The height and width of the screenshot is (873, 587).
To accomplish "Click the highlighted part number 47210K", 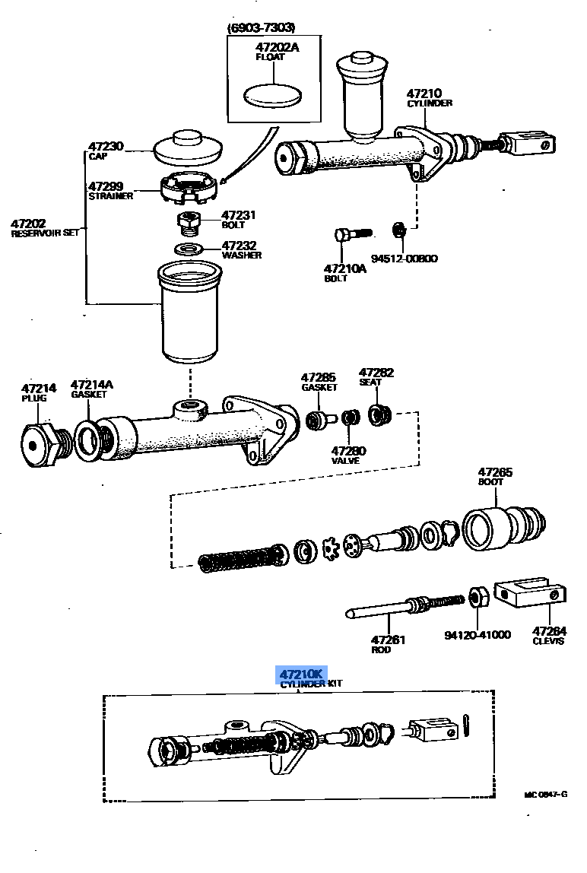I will click(x=301, y=675).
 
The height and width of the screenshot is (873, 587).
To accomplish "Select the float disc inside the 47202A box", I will click(x=272, y=96).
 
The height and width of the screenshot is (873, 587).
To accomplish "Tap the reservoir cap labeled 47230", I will click(x=187, y=147).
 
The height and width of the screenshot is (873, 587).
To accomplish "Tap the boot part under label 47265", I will click(x=502, y=525).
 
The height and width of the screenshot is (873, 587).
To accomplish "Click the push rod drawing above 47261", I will click(x=403, y=608).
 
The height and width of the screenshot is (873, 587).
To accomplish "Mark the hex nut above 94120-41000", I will click(x=478, y=598).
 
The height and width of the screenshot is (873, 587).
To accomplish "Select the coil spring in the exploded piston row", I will click(x=240, y=558).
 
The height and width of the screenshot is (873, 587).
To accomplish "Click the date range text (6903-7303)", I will click(x=262, y=28).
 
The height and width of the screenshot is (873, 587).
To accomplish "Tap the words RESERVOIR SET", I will click(x=45, y=234).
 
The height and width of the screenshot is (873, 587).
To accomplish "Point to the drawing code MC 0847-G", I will click(x=545, y=794).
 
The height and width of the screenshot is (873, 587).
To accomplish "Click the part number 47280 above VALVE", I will click(x=348, y=451).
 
